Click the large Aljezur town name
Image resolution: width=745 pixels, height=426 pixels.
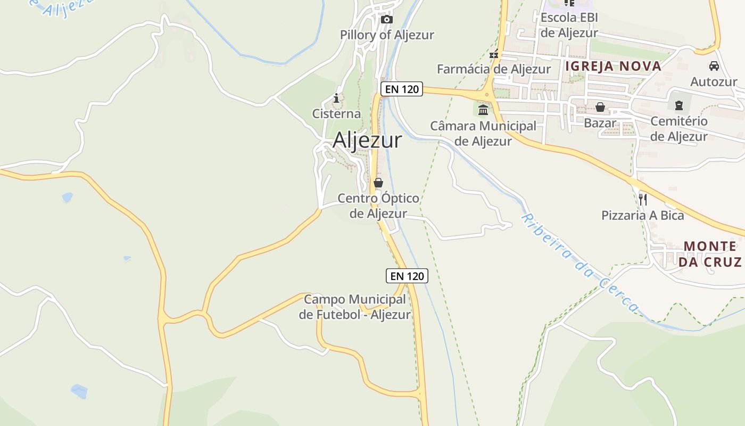(x=367, y=140)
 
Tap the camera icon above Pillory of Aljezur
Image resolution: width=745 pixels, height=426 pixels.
(x=387, y=20)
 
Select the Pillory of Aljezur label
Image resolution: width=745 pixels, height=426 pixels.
(x=387, y=35)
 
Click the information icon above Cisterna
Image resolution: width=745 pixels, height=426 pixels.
(x=336, y=98)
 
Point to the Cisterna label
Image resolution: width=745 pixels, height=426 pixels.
(x=336, y=114)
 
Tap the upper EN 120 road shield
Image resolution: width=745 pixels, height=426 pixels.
(x=402, y=89)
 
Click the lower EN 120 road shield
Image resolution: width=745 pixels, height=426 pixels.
(x=407, y=276)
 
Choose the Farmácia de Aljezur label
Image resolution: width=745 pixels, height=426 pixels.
(x=493, y=69)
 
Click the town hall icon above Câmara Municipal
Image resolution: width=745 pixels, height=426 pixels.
(x=483, y=110)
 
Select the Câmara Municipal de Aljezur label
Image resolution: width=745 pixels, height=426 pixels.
(x=483, y=134)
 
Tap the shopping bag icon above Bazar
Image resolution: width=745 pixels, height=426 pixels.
(x=600, y=107)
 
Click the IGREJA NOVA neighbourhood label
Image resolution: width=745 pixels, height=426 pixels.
(x=613, y=67)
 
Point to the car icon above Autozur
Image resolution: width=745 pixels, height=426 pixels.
(x=714, y=66)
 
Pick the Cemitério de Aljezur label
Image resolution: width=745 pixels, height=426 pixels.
(x=679, y=129)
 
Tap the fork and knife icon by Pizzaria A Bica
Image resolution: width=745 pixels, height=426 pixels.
(x=643, y=200)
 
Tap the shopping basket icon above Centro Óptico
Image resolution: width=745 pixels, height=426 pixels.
(x=378, y=183)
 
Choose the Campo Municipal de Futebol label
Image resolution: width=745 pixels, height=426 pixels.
(x=355, y=307)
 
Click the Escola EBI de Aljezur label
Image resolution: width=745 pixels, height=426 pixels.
(x=569, y=25)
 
